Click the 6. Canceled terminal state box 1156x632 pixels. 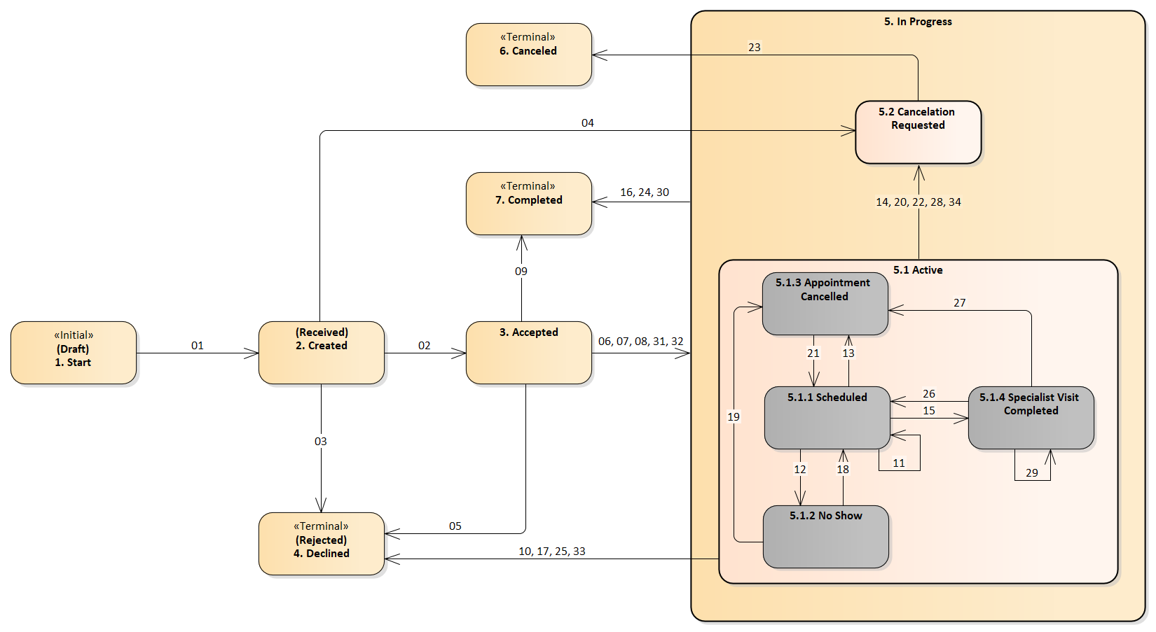click(528, 55)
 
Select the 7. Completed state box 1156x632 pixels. click(528, 204)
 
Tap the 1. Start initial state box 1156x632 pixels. click(74, 353)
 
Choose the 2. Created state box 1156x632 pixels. click(321, 353)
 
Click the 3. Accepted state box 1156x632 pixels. click(528, 353)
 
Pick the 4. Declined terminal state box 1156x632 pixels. click(321, 544)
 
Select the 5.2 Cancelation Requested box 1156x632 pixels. click(918, 132)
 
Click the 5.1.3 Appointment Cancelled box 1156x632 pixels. click(825, 304)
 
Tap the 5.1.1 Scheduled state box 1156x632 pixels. click(827, 418)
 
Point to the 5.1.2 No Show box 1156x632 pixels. click(825, 537)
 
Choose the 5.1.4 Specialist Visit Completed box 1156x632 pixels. click(1031, 418)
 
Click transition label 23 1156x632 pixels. click(754, 48)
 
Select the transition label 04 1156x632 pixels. click(587, 123)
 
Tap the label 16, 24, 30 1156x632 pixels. click(644, 192)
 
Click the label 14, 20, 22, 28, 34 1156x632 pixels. click(918, 202)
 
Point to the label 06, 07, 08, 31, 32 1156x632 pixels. click(640, 342)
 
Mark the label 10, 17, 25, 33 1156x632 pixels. click(551, 552)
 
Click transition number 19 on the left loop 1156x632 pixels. click(733, 417)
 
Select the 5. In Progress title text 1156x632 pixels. click(917, 22)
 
